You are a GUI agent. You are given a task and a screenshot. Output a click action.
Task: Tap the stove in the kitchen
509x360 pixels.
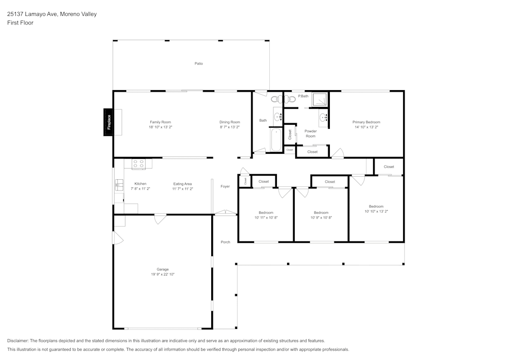click(x=138, y=163)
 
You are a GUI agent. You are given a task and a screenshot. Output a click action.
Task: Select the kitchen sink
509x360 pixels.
click(x=119, y=185)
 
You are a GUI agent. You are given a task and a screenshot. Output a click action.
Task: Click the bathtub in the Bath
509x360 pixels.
click(x=276, y=140)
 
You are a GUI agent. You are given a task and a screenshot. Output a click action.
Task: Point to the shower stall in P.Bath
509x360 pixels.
click(x=320, y=99)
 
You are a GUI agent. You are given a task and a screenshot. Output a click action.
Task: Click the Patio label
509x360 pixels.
click(x=199, y=64)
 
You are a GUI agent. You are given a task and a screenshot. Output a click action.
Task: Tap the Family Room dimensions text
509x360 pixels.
click(x=160, y=127)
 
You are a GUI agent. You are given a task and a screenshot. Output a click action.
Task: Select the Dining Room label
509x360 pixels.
click(x=230, y=122)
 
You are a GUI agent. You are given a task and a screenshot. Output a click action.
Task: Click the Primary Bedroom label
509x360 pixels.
click(x=366, y=122)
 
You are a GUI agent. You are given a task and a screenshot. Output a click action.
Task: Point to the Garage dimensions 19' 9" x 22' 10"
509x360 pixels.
click(x=163, y=274)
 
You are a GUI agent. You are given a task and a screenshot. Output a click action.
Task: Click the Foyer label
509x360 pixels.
click(x=225, y=187)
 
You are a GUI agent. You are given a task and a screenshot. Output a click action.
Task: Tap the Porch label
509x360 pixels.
click(x=225, y=242)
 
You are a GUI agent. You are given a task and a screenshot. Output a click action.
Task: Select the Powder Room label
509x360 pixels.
click(x=310, y=134)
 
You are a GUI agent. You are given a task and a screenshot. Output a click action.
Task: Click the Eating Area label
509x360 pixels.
click(x=182, y=184)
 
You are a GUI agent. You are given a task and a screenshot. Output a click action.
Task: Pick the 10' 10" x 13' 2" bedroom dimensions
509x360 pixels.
click(x=376, y=211)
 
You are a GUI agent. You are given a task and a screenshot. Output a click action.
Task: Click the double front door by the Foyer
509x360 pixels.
click(x=225, y=213)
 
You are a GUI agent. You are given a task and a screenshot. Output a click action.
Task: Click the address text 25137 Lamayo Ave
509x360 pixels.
click(x=33, y=14)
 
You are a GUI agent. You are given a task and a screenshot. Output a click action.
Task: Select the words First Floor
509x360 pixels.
click(x=20, y=23)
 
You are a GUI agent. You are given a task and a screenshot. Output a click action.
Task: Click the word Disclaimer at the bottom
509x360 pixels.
click(x=17, y=341)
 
